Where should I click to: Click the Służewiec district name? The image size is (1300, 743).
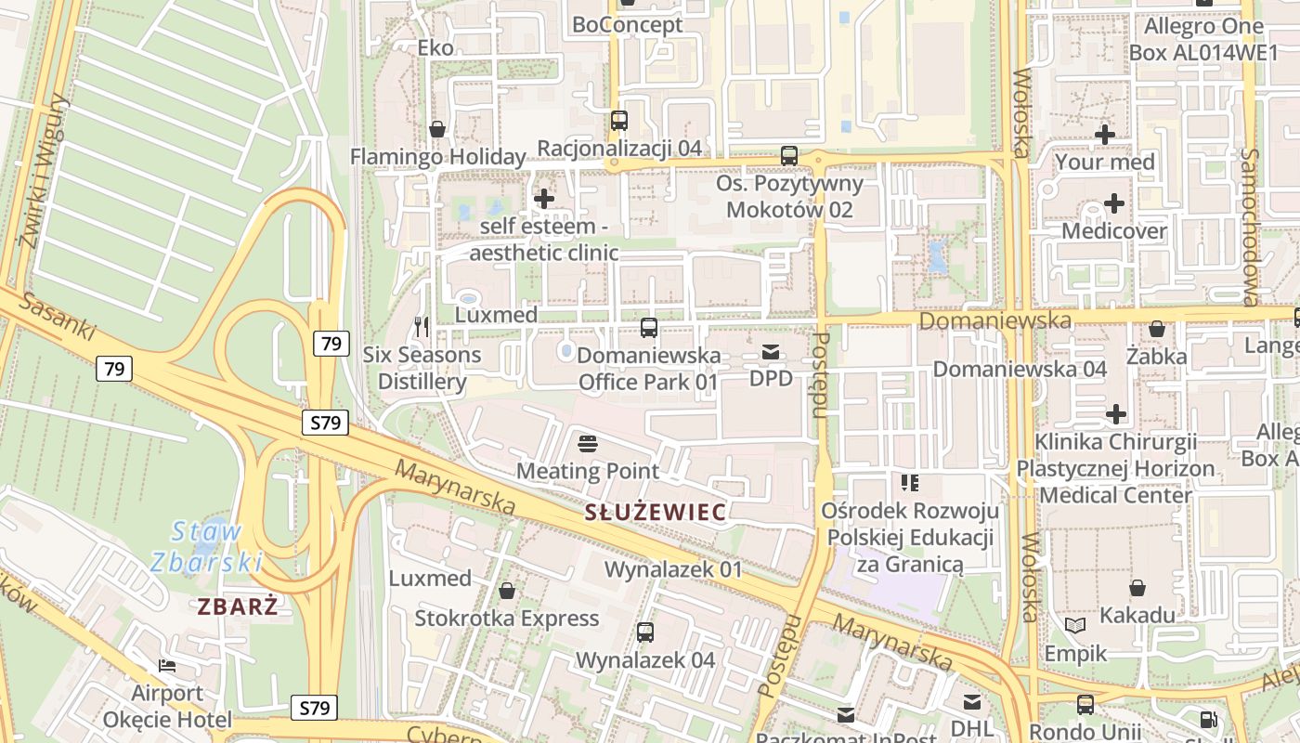(x=655, y=512)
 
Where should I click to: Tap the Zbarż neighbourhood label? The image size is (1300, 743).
(x=238, y=606)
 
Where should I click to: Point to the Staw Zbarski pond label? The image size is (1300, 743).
(x=206, y=546)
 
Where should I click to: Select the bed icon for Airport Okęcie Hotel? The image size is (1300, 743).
(x=167, y=666)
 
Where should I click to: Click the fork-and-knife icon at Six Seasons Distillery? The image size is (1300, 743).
(x=422, y=326)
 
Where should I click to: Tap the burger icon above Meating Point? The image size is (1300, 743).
(x=587, y=443)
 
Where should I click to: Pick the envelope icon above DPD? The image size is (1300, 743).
(x=771, y=352)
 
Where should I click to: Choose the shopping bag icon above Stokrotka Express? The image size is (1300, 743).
(x=507, y=591)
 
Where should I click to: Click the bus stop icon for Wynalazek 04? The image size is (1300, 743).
(x=645, y=632)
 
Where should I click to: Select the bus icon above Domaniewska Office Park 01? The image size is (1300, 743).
(x=649, y=328)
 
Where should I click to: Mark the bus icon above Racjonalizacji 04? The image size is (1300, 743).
(x=619, y=121)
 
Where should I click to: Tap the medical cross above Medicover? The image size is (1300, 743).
(x=1113, y=203)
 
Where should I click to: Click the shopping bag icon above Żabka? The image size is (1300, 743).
(x=1157, y=329)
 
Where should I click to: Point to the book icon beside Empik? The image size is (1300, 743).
(x=1075, y=626)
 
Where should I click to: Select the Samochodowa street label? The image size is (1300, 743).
(x=1250, y=227)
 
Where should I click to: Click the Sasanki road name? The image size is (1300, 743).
(x=58, y=316)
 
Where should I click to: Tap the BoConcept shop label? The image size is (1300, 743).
(x=628, y=25)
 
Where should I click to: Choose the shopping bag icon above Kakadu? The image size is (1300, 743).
(x=1137, y=588)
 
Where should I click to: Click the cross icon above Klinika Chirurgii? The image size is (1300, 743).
(x=1116, y=414)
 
